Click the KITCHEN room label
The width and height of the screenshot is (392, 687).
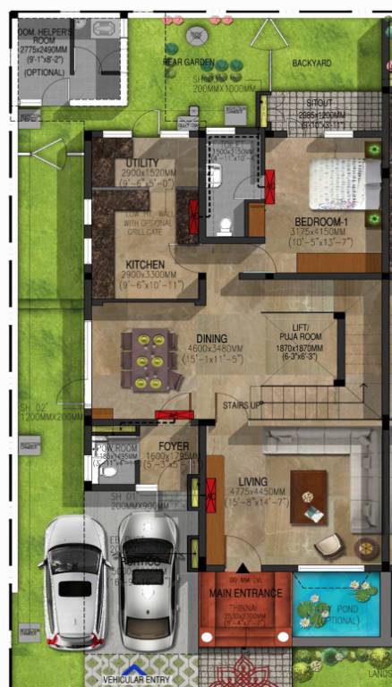[x=144, y=265]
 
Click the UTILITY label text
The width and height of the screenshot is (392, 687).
[x=143, y=161]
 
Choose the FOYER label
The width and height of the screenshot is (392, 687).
[x=173, y=445]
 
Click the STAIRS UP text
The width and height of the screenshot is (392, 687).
[x=243, y=406]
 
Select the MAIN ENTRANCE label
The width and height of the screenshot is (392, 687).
[x=245, y=593]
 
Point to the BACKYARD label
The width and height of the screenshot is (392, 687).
[x=311, y=63]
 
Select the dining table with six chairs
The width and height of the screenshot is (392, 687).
[x=151, y=360]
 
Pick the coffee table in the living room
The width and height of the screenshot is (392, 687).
[x=308, y=497]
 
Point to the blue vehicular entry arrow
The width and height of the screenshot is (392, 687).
[x=133, y=667]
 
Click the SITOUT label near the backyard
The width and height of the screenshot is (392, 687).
[x=319, y=104]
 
